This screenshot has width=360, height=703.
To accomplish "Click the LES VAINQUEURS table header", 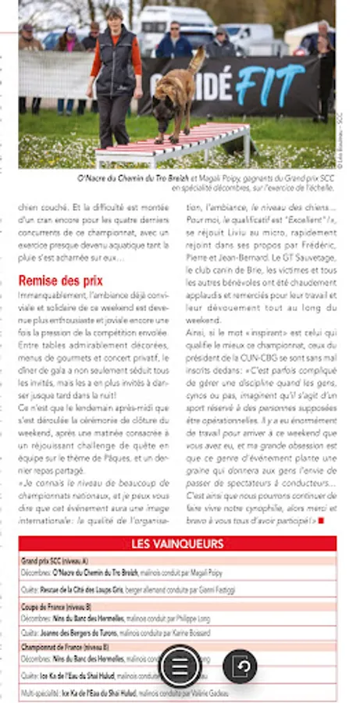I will [177, 544].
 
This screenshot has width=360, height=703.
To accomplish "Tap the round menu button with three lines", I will [180, 666].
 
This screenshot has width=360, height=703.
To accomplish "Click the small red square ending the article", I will [321, 521].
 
